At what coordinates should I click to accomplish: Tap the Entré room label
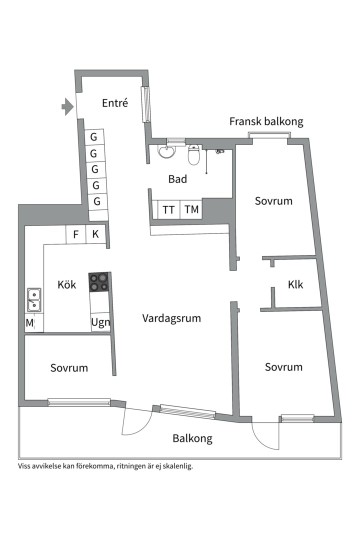click(x=115, y=103)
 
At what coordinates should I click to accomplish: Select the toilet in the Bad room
click(x=194, y=154)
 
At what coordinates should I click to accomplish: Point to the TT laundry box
click(x=169, y=209)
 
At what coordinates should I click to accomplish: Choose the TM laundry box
click(x=191, y=209)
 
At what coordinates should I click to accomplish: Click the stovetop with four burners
click(x=99, y=282)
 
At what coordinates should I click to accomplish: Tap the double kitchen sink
click(x=34, y=299)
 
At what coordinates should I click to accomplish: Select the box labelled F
click(x=76, y=234)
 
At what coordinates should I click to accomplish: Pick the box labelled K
click(x=96, y=234)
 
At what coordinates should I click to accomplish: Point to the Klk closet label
click(x=295, y=284)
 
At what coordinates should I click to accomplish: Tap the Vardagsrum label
click(x=171, y=318)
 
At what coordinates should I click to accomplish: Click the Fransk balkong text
click(x=266, y=121)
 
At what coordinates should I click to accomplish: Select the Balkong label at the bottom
click(x=192, y=438)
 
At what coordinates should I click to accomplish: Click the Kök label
click(x=66, y=284)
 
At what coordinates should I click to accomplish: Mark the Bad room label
click(x=177, y=178)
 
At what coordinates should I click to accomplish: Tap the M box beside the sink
click(x=29, y=323)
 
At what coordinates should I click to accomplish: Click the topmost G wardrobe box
click(x=93, y=137)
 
